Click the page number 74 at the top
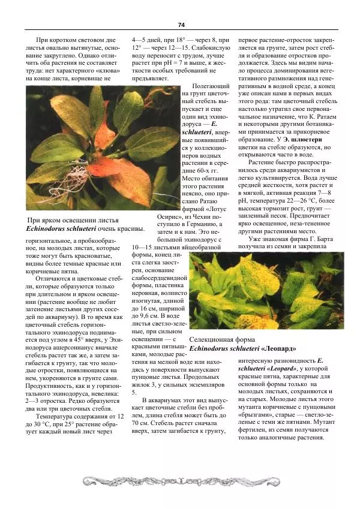tap(181, 25)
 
